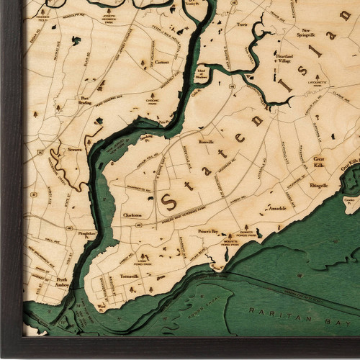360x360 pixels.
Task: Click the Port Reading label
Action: point(88,100)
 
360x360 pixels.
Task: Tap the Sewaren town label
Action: point(75,150)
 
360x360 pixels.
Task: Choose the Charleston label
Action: point(132,215)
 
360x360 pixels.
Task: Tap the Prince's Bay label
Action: point(209,231)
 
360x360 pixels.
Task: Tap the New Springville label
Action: point(306,30)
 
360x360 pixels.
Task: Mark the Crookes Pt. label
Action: point(351,201)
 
